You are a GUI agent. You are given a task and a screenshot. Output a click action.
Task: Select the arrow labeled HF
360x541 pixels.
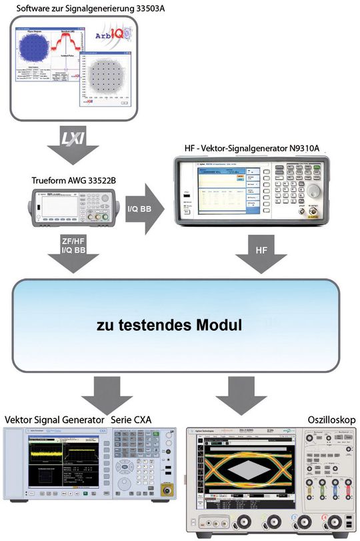[x=259, y=254]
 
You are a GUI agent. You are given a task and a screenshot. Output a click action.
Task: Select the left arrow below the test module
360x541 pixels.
[x=111, y=394]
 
